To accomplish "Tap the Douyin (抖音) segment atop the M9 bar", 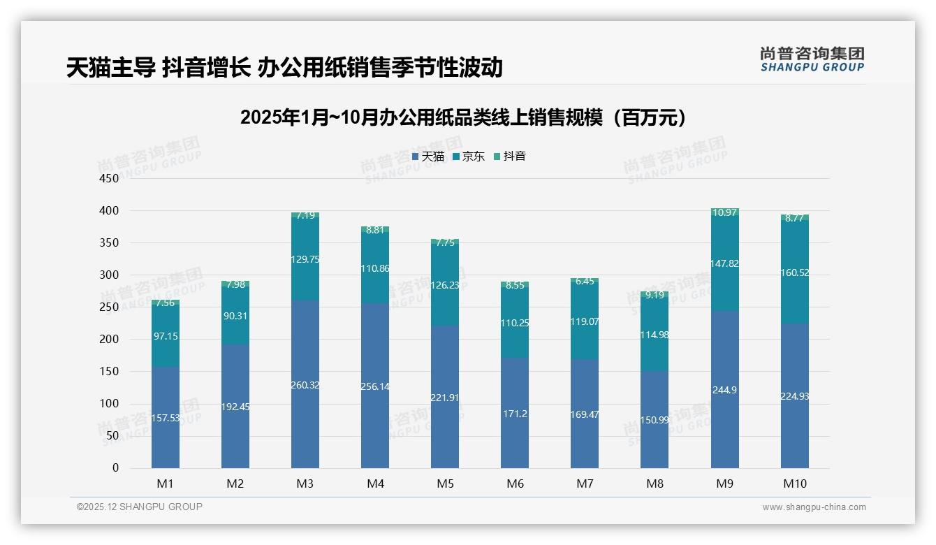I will click(x=724, y=212).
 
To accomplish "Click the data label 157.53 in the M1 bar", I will click(x=166, y=418).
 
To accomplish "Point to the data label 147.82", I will click(x=724, y=263).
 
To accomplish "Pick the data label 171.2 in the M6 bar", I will click(x=515, y=414).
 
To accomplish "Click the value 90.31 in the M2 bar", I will click(x=235, y=316).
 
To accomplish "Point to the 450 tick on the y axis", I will click(x=110, y=178).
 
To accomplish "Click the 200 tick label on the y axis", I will click(x=110, y=340).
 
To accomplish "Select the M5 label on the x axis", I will click(x=445, y=484).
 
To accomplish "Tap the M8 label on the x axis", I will click(x=655, y=484).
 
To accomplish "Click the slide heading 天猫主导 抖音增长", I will click(x=284, y=67).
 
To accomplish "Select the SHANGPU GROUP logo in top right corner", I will click(x=812, y=59).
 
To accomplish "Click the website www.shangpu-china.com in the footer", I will click(x=814, y=507).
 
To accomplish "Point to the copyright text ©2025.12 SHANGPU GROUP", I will click(x=140, y=507).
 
